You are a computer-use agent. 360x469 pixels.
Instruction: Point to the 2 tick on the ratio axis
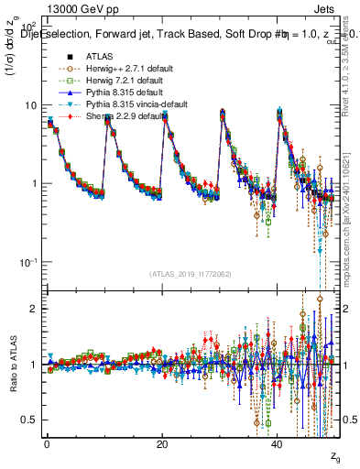[x=33, y=309]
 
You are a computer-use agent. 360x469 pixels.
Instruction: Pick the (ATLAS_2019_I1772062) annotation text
[x=190, y=274]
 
